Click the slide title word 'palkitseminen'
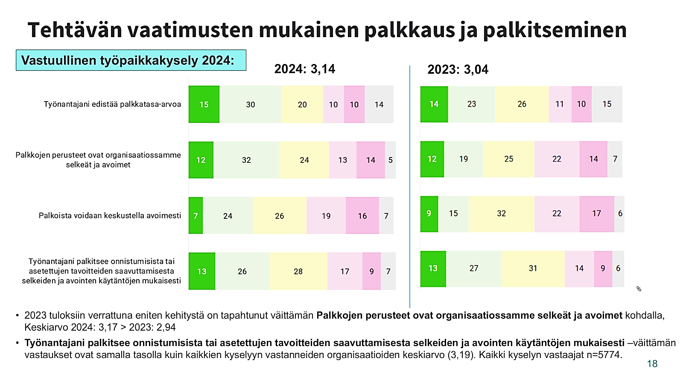pos(555,30)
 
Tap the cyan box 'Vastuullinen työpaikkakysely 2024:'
pos(131,60)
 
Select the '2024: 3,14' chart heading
pos(304,69)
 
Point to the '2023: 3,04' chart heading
pos(458,69)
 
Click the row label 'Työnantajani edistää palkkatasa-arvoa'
pos(112,104)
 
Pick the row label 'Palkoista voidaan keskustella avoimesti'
pos(110,215)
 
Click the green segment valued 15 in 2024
pos(204,105)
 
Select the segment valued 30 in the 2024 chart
pos(251,105)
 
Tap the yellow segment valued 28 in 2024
pos(298,271)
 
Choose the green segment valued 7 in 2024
pos(196,216)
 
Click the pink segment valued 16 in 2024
pos(362,216)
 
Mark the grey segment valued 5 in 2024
pos(390,160)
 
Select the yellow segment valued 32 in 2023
pos(501,213)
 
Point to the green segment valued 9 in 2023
pos(429,213)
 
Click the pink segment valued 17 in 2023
pos(596,213)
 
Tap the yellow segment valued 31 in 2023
pos(533,268)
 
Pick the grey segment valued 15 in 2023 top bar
pos(607,104)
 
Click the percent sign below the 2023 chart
pos(639,289)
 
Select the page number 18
pos(652,364)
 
